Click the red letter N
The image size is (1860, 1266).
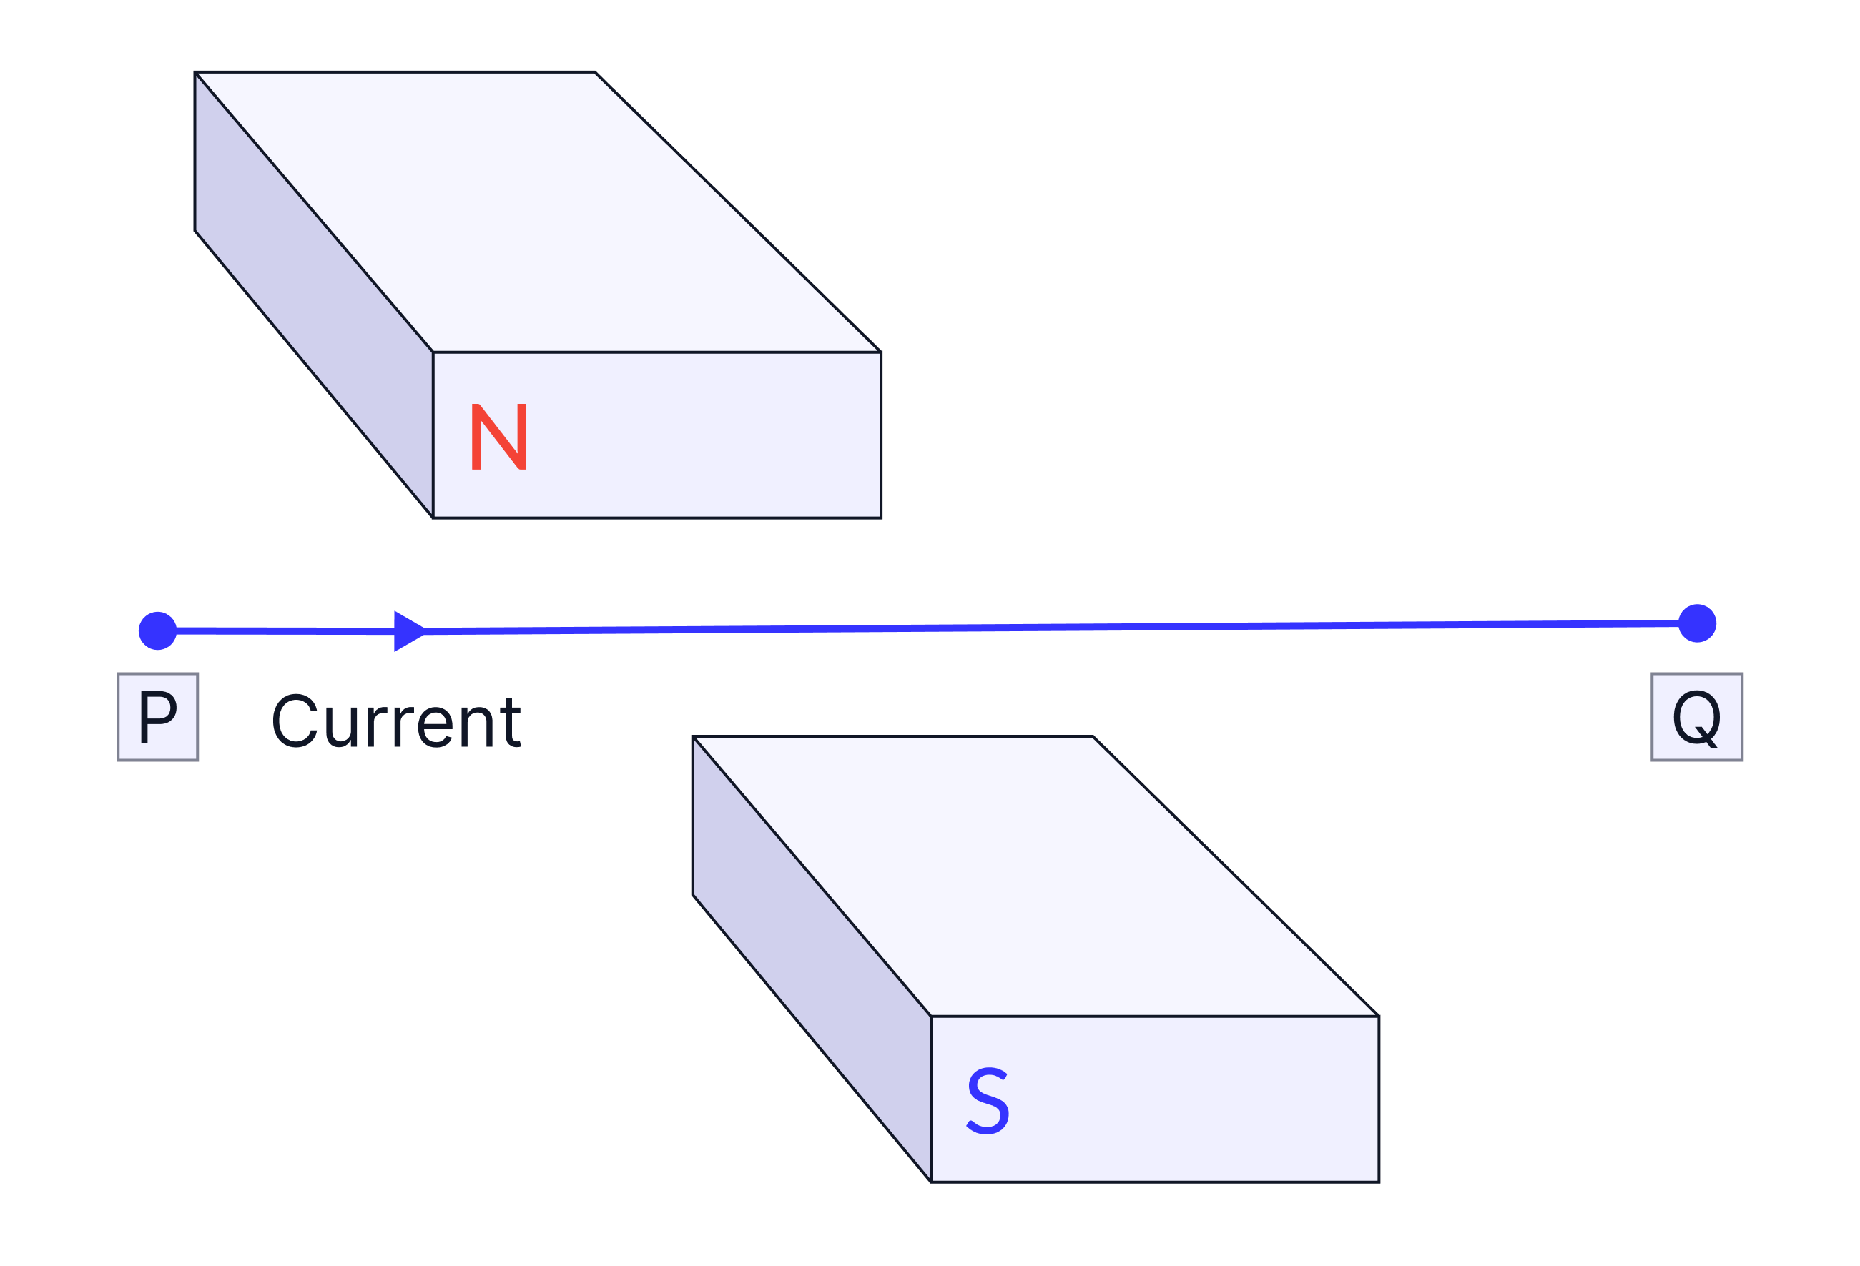(x=498, y=437)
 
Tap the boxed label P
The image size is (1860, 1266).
(x=157, y=717)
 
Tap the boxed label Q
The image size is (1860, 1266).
(x=1697, y=717)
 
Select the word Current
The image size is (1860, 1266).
(x=396, y=722)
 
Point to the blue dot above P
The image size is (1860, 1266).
(x=157, y=631)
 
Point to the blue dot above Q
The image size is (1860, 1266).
(x=1697, y=623)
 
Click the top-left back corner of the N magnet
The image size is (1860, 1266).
(x=197, y=74)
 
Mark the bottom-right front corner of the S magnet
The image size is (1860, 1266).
(x=1377, y=1180)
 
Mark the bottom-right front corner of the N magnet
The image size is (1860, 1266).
(x=880, y=516)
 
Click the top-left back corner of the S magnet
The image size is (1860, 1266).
(x=694, y=738)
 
